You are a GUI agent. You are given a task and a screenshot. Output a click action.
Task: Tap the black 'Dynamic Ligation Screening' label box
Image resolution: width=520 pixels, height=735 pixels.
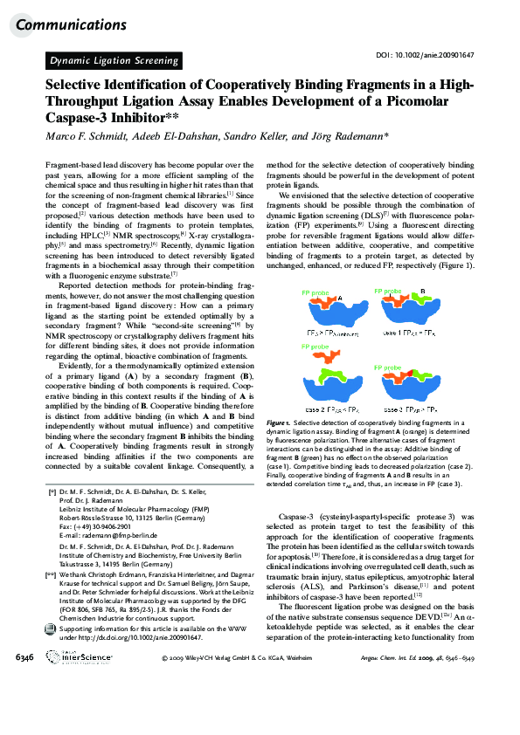[114, 60]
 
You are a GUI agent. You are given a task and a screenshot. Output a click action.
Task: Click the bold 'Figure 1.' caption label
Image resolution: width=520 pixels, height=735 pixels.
[281, 422]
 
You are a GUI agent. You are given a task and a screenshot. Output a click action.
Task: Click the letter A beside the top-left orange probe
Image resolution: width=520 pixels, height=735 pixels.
[339, 297]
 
